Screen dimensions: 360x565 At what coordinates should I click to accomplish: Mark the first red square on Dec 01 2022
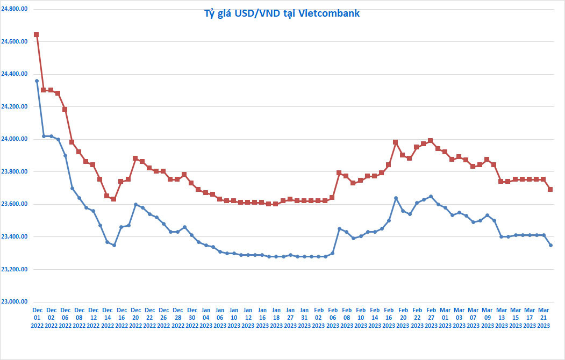37,34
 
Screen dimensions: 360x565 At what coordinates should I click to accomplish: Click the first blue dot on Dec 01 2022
37,81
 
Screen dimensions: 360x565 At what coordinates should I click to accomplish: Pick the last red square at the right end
550,189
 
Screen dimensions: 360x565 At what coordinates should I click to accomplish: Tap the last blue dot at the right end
550,245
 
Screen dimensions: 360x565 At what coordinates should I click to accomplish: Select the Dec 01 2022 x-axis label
37,318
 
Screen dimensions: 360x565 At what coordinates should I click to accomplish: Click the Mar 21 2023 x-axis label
543,318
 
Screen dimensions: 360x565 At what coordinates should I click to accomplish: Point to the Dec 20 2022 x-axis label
135,318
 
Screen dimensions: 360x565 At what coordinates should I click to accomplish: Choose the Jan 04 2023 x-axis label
206,318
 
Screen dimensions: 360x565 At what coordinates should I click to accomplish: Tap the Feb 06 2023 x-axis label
332,318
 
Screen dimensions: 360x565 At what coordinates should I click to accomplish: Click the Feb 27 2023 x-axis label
431,318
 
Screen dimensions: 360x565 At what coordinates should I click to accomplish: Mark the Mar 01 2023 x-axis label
445,318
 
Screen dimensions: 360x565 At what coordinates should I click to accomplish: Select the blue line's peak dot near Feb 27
431,197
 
